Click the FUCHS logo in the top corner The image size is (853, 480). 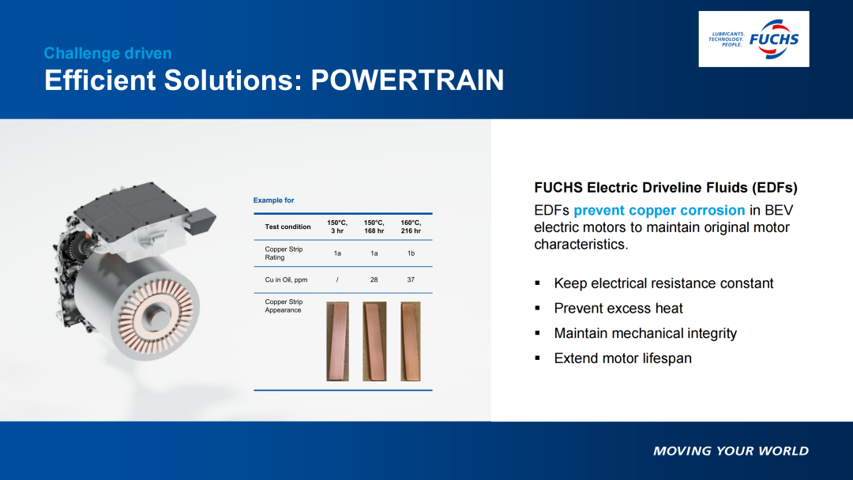click(x=753, y=39)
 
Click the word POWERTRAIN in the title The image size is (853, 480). click(x=408, y=80)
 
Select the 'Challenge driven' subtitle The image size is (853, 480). click(x=107, y=53)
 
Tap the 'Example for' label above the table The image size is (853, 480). click(x=273, y=200)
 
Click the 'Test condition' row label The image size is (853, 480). click(x=287, y=227)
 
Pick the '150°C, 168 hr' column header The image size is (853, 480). click(x=374, y=227)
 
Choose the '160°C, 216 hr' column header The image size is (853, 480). click(x=411, y=227)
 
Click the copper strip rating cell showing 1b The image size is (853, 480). click(x=411, y=253)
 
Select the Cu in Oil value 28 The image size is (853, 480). click(x=374, y=279)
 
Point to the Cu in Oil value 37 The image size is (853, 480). click(x=411, y=279)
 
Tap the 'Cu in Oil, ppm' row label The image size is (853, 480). click(x=286, y=279)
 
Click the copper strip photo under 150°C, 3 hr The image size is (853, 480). click(x=337, y=341)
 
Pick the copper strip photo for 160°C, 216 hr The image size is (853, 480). click(x=411, y=341)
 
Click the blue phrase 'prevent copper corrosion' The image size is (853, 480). click(x=659, y=210)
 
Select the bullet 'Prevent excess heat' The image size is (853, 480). click(x=618, y=308)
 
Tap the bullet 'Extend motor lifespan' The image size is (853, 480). click(x=623, y=358)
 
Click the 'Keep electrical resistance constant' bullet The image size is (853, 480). click(x=663, y=283)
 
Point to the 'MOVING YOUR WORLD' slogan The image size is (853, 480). click(x=731, y=451)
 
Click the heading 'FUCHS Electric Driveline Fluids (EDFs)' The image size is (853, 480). click(x=666, y=188)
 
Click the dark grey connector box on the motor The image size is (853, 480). click(x=201, y=220)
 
